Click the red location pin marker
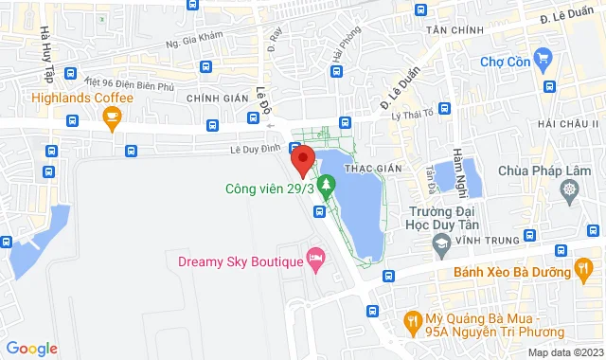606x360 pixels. point(302,159)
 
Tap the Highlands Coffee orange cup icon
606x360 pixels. point(113,118)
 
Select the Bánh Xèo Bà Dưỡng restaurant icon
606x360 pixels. point(585,272)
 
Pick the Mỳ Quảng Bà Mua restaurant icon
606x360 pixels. point(413,322)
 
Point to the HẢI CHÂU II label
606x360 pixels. point(567,124)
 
